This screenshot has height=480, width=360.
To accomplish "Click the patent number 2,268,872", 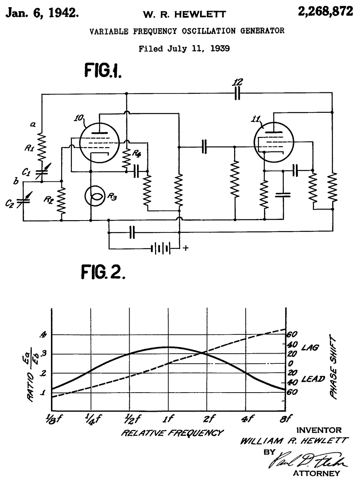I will coord(325,12).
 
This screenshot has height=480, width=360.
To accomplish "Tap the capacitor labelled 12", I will coord(237,94).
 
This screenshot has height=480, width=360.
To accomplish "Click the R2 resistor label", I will coord(48,200).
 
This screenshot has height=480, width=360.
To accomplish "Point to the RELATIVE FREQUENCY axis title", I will coord(172,433).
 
